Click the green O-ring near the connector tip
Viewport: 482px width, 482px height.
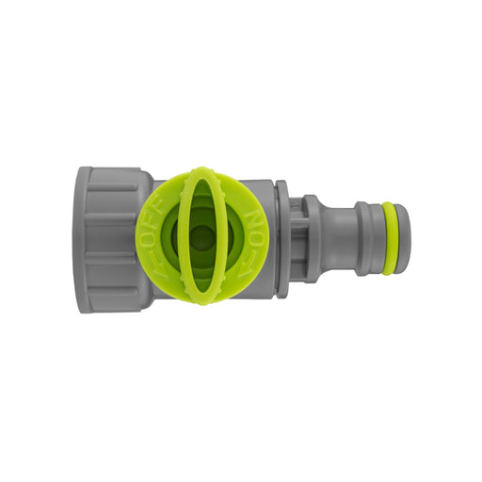point(389,239)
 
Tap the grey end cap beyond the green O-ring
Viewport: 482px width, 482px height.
point(402,239)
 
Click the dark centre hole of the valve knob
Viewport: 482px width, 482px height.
point(201,239)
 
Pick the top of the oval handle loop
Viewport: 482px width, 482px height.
point(201,174)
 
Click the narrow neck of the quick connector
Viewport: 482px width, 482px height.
point(336,239)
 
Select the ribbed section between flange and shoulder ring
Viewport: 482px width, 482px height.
point(297,239)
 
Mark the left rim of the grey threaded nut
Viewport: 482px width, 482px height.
point(83,239)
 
